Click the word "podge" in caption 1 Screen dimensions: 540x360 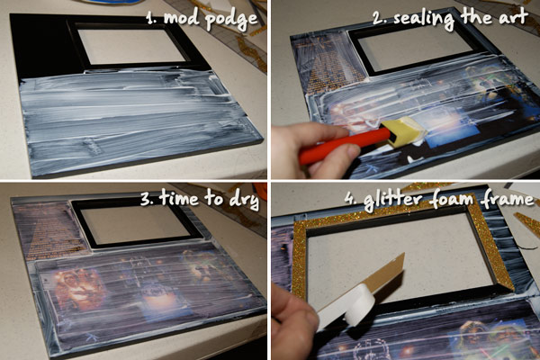click(x=230, y=19)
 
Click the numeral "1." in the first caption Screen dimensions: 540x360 click(x=150, y=18)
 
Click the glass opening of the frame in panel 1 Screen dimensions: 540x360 click(x=132, y=46)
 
